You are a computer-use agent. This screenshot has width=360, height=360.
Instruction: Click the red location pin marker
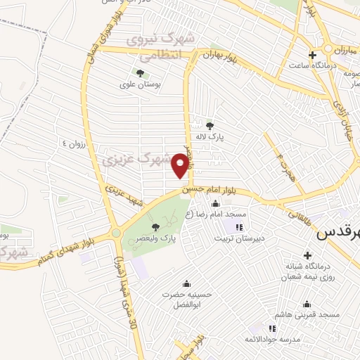point(181,165)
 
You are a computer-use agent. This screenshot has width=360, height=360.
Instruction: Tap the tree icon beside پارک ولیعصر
point(155,226)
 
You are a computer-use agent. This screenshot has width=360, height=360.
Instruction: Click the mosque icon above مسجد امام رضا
point(216,204)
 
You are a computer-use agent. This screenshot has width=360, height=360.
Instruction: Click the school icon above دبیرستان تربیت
point(238,226)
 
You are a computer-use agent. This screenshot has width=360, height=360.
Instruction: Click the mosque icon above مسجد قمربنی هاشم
point(307,304)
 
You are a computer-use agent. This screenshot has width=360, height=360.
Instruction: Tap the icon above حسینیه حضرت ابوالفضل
point(186,283)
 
